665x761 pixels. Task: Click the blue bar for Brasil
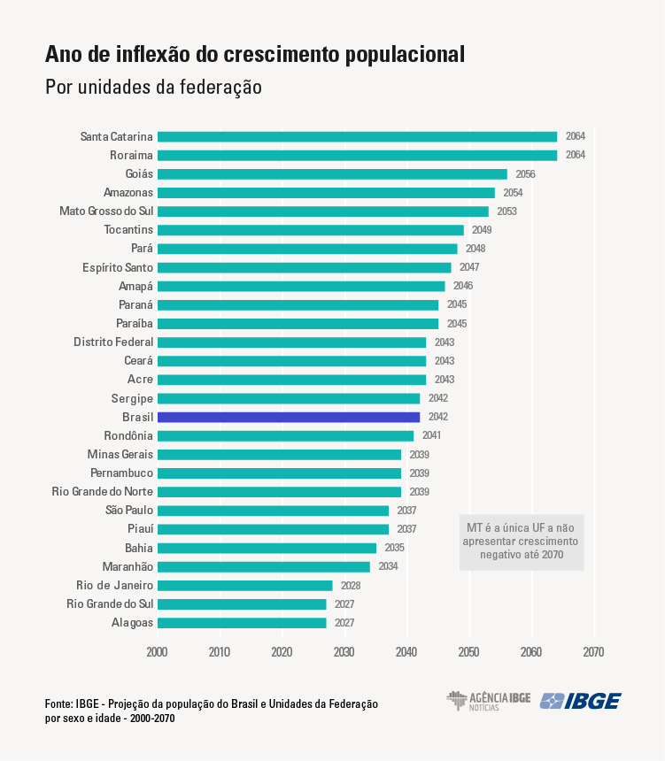tap(289, 417)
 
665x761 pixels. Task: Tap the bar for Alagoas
tap(242, 623)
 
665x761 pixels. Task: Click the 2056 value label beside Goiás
tap(525, 174)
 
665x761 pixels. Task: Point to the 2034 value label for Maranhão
tap(388, 566)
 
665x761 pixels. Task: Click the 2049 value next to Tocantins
tap(482, 230)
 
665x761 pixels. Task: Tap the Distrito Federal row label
tap(113, 342)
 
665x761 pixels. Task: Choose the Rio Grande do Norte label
tap(102, 492)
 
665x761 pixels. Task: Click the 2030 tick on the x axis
tap(344, 652)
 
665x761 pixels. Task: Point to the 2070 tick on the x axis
tap(593, 652)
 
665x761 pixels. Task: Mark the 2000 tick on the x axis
tap(158, 652)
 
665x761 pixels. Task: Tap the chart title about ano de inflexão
tap(254, 55)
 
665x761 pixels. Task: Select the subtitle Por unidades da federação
tap(153, 88)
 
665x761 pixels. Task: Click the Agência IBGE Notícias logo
tap(488, 701)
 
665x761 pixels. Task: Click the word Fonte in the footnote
tap(59, 703)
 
